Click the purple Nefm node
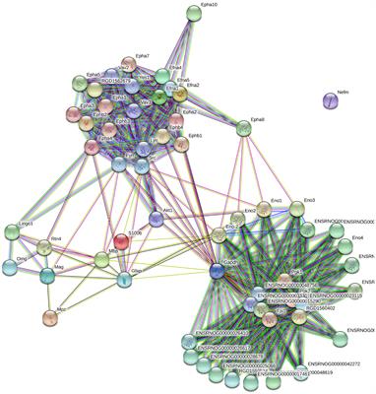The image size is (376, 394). (332, 99)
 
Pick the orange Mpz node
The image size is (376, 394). (51, 317)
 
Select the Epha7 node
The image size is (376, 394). (127, 64)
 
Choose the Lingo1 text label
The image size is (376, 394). (25, 225)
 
